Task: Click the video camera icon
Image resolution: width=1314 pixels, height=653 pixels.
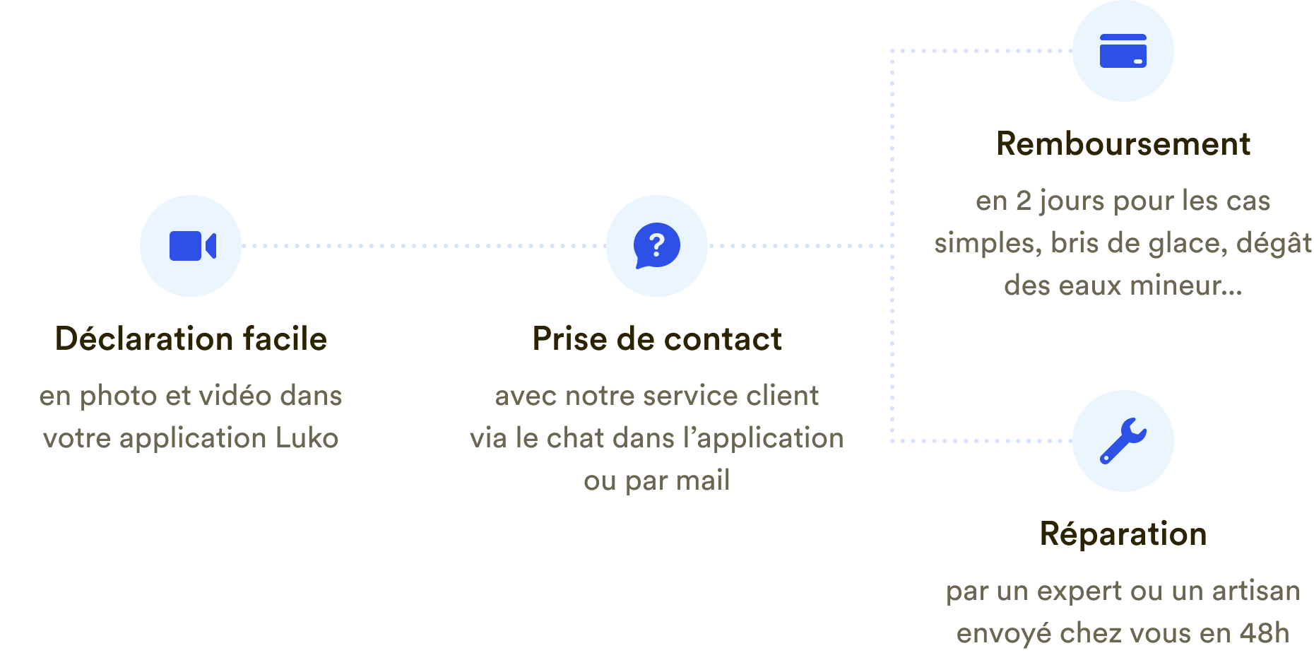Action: (x=193, y=246)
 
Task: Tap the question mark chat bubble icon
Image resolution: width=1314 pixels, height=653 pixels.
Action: (x=657, y=246)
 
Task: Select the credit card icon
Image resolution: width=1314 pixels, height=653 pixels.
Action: (x=1123, y=51)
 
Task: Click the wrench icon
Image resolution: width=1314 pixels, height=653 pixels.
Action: (x=1123, y=441)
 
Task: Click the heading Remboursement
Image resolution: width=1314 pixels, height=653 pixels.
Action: (x=1123, y=144)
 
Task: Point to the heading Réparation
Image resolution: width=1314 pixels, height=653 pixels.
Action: (x=1123, y=534)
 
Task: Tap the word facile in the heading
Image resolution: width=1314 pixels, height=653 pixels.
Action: (x=285, y=339)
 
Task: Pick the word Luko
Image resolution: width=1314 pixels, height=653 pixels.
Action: (x=307, y=438)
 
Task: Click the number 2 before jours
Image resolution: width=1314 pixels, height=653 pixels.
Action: (x=1024, y=201)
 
